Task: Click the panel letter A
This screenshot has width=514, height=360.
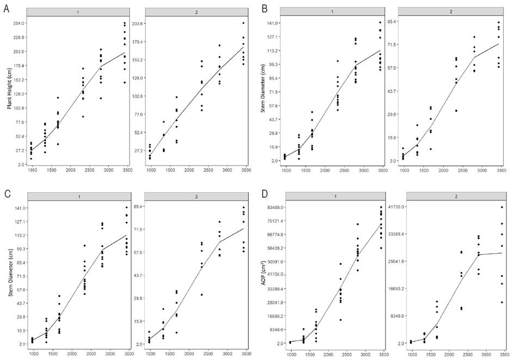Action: pyautogui.click(x=6, y=9)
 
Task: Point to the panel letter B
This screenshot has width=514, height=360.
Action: pyautogui.click(x=265, y=9)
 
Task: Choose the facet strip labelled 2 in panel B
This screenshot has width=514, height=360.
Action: pyautogui.click(x=450, y=11)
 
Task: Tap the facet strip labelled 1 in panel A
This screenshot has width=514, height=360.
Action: pyautogui.click(x=79, y=11)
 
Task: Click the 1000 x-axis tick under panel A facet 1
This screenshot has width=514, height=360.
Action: pyautogui.click(x=32, y=170)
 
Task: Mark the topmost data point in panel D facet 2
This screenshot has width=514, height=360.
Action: pyautogui.click(x=501, y=207)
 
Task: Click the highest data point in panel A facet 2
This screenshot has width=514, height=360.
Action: pyautogui.click(x=243, y=23)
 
